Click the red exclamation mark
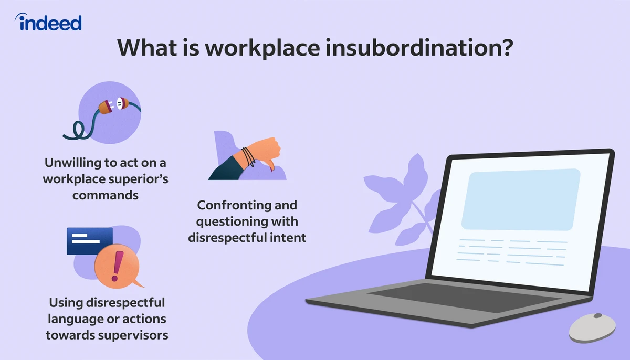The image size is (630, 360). [118, 266]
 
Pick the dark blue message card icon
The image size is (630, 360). [89, 241]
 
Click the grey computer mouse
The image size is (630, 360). [593, 327]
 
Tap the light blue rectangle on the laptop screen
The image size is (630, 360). [520, 200]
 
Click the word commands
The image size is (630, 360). [106, 195]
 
